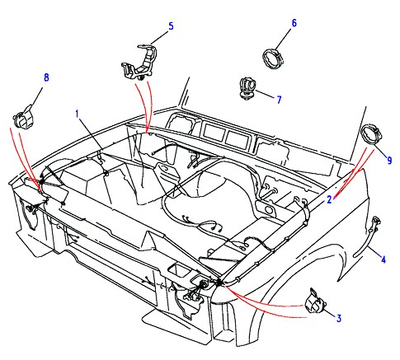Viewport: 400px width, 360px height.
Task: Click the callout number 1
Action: click(78, 114)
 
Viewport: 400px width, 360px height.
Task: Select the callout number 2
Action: click(329, 199)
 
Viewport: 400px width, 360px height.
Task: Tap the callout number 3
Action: click(339, 318)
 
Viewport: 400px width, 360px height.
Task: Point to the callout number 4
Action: click(384, 259)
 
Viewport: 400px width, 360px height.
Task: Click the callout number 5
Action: click(171, 26)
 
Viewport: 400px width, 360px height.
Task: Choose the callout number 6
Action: click(294, 23)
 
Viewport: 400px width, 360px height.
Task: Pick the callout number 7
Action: click(279, 100)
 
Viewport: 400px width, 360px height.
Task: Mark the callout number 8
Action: click(46, 77)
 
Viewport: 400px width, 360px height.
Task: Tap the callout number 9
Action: click(389, 160)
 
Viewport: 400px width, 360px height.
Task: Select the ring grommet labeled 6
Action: click(273, 58)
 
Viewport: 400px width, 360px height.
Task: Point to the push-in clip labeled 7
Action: click(247, 88)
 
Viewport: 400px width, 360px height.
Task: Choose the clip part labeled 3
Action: click(315, 302)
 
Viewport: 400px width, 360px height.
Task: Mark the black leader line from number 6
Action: click(282, 40)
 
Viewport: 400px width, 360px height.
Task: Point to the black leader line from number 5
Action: click(159, 38)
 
